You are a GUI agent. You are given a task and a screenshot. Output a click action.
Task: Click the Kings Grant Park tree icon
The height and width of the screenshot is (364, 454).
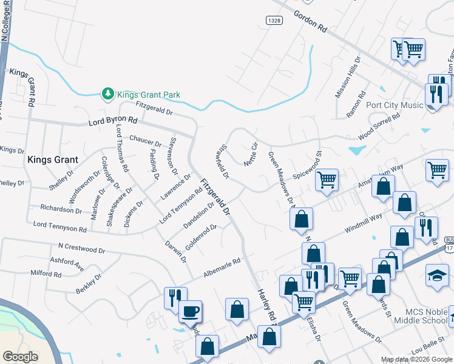coord(107,93)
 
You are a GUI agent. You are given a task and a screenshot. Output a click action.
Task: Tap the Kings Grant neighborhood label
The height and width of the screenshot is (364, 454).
coord(52,160)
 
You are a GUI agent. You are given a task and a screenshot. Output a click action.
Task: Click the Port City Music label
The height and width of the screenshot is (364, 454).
coord(395,105)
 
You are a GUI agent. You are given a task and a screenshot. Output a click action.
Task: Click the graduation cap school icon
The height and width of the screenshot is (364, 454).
coord(437,275)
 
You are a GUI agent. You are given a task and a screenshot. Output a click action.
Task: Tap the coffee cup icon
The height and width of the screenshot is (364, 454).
coord(190,311)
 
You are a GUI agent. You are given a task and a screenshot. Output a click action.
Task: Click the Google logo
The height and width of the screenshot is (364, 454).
coord(21,357)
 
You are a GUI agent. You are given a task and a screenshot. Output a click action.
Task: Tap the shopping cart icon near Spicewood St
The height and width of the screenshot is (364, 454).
coord(327,179)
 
